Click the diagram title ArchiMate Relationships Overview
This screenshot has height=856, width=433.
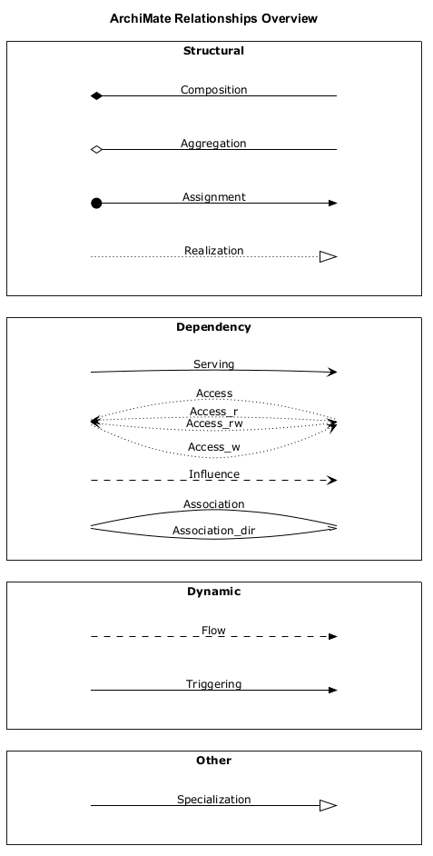213,18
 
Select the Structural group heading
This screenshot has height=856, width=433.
213,51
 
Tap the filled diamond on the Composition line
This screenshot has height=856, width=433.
96,96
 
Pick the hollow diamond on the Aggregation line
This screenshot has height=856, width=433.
96,150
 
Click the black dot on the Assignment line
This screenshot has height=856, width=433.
96,203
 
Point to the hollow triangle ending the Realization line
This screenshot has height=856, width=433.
329,256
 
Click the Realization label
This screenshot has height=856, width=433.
213,251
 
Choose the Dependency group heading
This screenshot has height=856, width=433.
213,327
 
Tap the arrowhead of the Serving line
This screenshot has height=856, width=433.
332,373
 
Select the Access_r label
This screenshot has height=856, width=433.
213,412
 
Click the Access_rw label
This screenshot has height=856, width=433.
214,423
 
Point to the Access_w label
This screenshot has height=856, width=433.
213,447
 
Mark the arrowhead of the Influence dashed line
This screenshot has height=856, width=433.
332,481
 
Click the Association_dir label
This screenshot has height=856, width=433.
213,531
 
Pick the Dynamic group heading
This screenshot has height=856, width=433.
213,592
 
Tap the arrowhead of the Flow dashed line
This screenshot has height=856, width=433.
332,636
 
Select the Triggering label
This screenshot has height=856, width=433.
213,684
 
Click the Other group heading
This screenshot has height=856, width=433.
213,761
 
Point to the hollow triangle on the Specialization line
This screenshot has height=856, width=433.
329,805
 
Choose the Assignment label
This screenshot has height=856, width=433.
213,197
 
